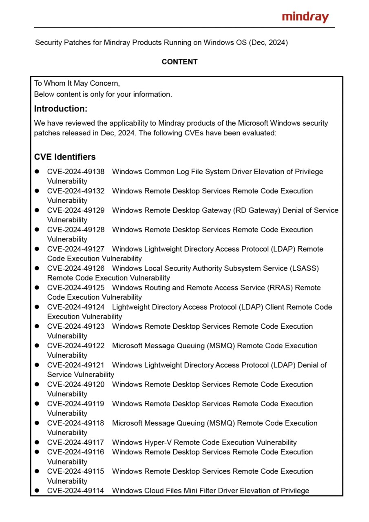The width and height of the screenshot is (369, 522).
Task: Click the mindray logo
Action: (x=305, y=17)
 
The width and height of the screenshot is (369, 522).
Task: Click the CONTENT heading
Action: (x=179, y=62)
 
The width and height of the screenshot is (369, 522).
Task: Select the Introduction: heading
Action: (x=61, y=109)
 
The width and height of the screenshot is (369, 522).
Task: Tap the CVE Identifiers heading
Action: (x=65, y=157)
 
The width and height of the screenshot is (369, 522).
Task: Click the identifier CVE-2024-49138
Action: (x=76, y=172)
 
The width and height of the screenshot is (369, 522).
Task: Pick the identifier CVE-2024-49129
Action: (x=76, y=210)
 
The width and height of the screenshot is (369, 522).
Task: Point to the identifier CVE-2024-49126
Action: (x=76, y=268)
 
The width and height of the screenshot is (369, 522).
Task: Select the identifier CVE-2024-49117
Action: (x=76, y=442)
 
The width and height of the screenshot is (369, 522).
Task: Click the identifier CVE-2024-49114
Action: (x=76, y=491)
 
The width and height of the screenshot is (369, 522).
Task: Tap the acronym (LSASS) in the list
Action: (x=304, y=268)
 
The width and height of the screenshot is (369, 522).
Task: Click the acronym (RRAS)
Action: (x=280, y=288)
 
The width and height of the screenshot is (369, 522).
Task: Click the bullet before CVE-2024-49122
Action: (x=37, y=346)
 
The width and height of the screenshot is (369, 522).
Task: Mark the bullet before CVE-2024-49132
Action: (x=37, y=191)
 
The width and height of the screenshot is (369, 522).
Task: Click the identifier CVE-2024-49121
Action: (x=76, y=365)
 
